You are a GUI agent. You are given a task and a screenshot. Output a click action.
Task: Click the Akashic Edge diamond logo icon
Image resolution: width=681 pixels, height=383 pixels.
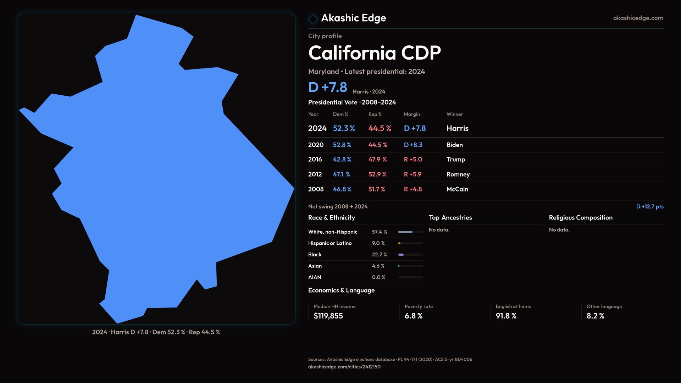[313, 19]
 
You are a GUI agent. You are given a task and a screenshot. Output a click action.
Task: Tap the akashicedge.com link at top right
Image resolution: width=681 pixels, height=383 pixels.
[638, 18]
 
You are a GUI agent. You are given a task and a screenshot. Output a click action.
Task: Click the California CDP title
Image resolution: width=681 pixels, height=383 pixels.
[375, 53]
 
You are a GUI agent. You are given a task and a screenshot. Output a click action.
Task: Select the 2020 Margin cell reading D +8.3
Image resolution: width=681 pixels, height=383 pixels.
[413, 145]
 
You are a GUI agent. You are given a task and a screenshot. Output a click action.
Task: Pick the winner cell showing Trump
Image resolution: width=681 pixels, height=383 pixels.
[456, 160]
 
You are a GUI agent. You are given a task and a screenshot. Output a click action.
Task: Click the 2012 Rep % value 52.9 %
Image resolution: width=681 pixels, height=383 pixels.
[377, 174]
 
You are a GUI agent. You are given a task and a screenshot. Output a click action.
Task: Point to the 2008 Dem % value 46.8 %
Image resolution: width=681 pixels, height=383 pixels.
[342, 189]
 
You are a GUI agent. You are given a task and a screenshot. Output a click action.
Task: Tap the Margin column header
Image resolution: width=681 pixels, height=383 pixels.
[412, 115]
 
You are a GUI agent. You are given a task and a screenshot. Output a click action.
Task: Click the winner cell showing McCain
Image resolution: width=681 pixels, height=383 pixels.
[457, 189]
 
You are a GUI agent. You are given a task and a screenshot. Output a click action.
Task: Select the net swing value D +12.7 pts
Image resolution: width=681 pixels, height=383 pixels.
[650, 207]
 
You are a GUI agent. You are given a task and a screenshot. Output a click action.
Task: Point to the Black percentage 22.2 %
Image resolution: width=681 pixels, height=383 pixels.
[380, 255]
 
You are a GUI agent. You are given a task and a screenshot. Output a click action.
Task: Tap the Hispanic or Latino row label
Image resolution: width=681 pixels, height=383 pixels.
[330, 243]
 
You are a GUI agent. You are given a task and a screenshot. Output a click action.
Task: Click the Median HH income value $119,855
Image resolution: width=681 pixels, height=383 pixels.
[328, 316]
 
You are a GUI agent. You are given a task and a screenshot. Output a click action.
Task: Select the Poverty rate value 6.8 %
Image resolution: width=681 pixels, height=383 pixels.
[414, 316]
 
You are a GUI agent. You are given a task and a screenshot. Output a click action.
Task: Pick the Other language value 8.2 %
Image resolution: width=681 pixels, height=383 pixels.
[595, 316]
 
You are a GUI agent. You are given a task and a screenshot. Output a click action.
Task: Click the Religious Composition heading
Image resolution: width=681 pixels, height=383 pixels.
[581, 218]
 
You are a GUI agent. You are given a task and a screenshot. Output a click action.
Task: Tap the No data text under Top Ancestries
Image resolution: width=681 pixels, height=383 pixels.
[439, 230]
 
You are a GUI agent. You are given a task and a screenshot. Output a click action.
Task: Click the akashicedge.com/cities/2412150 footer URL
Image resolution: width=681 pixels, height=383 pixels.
[344, 367]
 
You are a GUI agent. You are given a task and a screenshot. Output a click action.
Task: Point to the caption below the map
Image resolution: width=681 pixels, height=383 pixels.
[156, 332]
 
